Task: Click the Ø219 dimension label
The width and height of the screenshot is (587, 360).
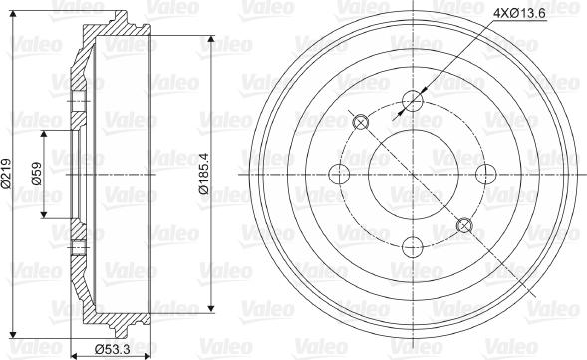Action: [8, 173]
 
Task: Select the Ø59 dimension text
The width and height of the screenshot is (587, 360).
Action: [35, 174]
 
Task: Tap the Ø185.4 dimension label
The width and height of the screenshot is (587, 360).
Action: [204, 174]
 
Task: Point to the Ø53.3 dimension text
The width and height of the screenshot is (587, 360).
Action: [113, 348]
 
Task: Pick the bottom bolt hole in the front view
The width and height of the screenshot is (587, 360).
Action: [413, 247]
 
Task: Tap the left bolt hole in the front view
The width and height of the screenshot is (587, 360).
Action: [339, 174]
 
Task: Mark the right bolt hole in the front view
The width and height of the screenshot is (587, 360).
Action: [486, 174]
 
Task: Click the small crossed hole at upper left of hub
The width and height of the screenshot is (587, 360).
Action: [361, 122]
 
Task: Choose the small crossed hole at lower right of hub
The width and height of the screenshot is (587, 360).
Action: [464, 225]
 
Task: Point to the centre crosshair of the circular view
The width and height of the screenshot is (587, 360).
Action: [413, 174]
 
